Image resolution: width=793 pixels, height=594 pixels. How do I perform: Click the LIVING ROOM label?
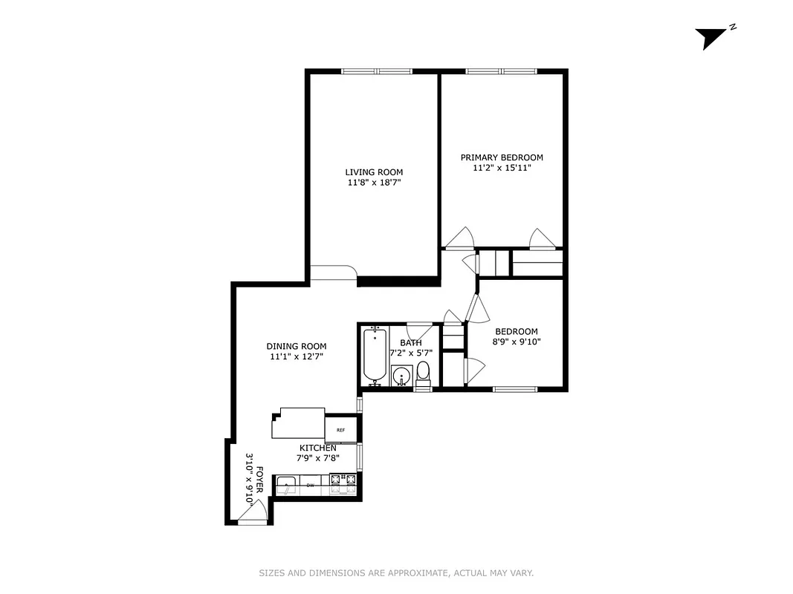pyautogui.click(x=374, y=172)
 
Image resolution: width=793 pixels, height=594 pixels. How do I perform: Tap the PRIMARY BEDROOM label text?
pyautogui.click(x=502, y=157)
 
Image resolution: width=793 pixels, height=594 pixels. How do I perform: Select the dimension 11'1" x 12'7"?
pyautogui.click(x=297, y=356)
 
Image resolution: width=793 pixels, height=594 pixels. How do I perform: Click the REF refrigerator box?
pyautogui.click(x=341, y=430)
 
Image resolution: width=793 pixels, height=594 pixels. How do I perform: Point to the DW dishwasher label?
pyautogui.click(x=310, y=486)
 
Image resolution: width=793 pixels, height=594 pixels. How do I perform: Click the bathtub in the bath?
pyautogui.click(x=374, y=355)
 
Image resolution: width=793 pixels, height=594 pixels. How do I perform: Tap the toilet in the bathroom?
pyautogui.click(x=423, y=371)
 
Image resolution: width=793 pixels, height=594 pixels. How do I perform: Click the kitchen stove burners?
pyautogui.click(x=344, y=483)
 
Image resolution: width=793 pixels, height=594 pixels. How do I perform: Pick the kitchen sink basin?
pyautogui.click(x=287, y=486)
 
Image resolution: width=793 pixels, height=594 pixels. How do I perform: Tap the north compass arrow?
pyautogui.click(x=711, y=37)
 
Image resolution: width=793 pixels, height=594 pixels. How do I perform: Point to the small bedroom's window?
pyautogui.click(x=515, y=388)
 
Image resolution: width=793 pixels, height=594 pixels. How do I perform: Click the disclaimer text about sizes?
pyautogui.click(x=396, y=572)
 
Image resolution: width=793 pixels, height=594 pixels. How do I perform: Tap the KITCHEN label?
pyautogui.click(x=318, y=448)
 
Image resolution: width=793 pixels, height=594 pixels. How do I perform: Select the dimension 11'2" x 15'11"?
pyautogui.click(x=502, y=168)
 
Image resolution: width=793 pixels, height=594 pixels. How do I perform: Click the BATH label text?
pyautogui.click(x=411, y=342)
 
